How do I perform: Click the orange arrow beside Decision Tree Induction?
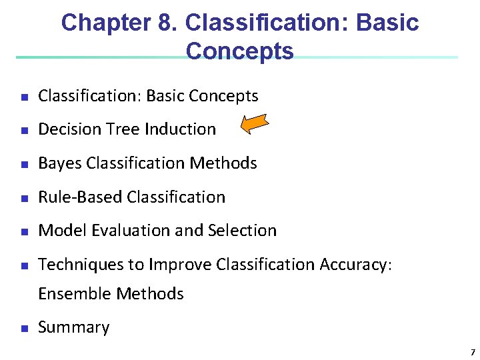click(x=254, y=125)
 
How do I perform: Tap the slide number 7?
click(x=472, y=351)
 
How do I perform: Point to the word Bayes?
click(x=61, y=163)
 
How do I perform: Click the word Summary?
click(x=73, y=327)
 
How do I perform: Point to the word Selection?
click(x=242, y=231)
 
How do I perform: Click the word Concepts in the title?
click(x=240, y=51)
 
